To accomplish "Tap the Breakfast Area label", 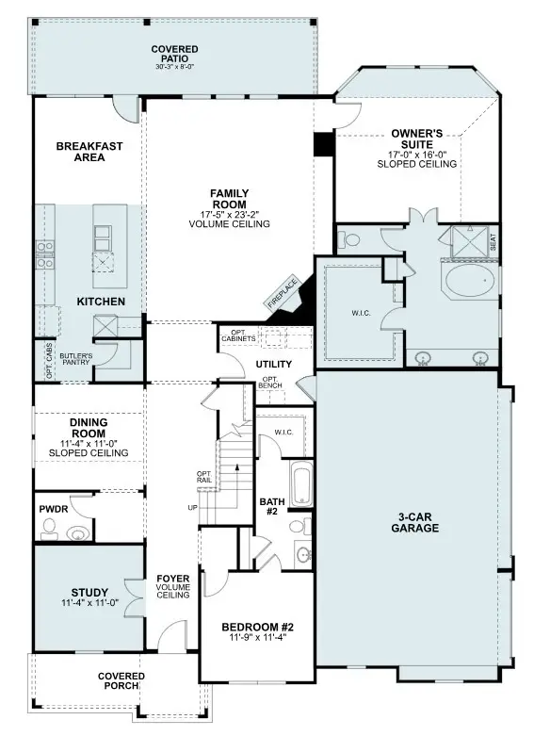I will tap(80, 152).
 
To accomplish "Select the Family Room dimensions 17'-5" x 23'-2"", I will tap(229, 215).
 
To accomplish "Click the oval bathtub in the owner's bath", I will tap(469, 281).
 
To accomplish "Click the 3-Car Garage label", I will tap(416, 522).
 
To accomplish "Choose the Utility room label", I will tap(273, 364).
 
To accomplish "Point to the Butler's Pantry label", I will tap(74, 359).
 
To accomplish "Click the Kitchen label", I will tap(101, 302).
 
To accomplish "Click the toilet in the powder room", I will tap(78, 532).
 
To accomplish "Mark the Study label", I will tap(89, 593).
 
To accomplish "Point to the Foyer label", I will tap(173, 579).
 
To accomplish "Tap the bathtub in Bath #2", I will tap(300, 484).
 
